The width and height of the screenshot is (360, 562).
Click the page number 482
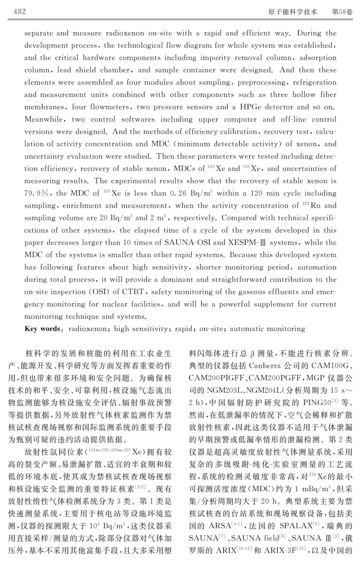[x=20, y=11]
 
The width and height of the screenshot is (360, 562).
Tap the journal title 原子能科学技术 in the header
[x=293, y=12]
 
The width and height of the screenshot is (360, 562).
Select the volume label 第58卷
[x=342, y=12]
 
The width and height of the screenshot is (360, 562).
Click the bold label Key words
[x=42, y=329]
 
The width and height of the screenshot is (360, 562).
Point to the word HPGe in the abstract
[x=250, y=107]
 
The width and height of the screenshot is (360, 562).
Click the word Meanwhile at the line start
[x=44, y=119]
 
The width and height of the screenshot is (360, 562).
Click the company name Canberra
[x=265, y=366]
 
